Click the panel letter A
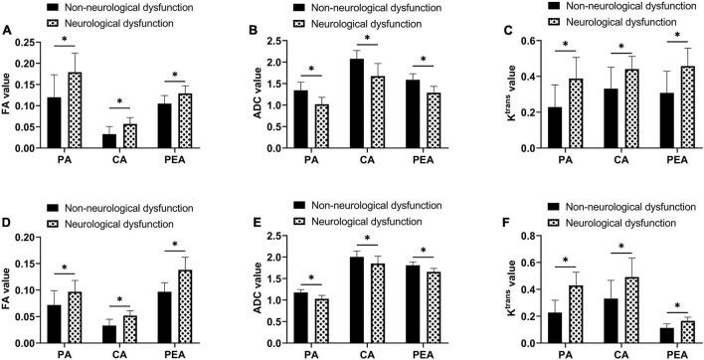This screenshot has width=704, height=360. (x=7, y=30)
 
